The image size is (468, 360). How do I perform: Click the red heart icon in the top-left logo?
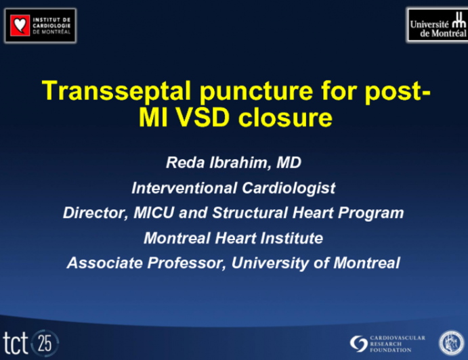20,26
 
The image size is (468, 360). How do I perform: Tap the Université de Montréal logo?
437,25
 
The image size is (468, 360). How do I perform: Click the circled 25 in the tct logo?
46,342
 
